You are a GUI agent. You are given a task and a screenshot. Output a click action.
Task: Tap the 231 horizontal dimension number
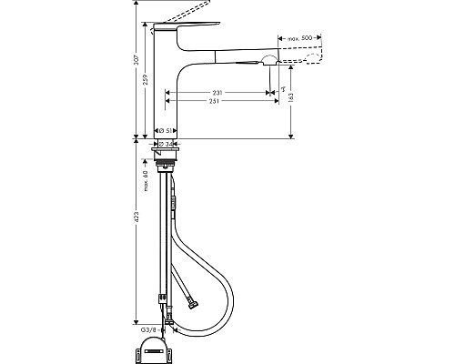[218, 93]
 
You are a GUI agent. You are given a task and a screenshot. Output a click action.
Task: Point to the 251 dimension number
[218, 102]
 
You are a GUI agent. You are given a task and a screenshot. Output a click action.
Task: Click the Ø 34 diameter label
[167, 143]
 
